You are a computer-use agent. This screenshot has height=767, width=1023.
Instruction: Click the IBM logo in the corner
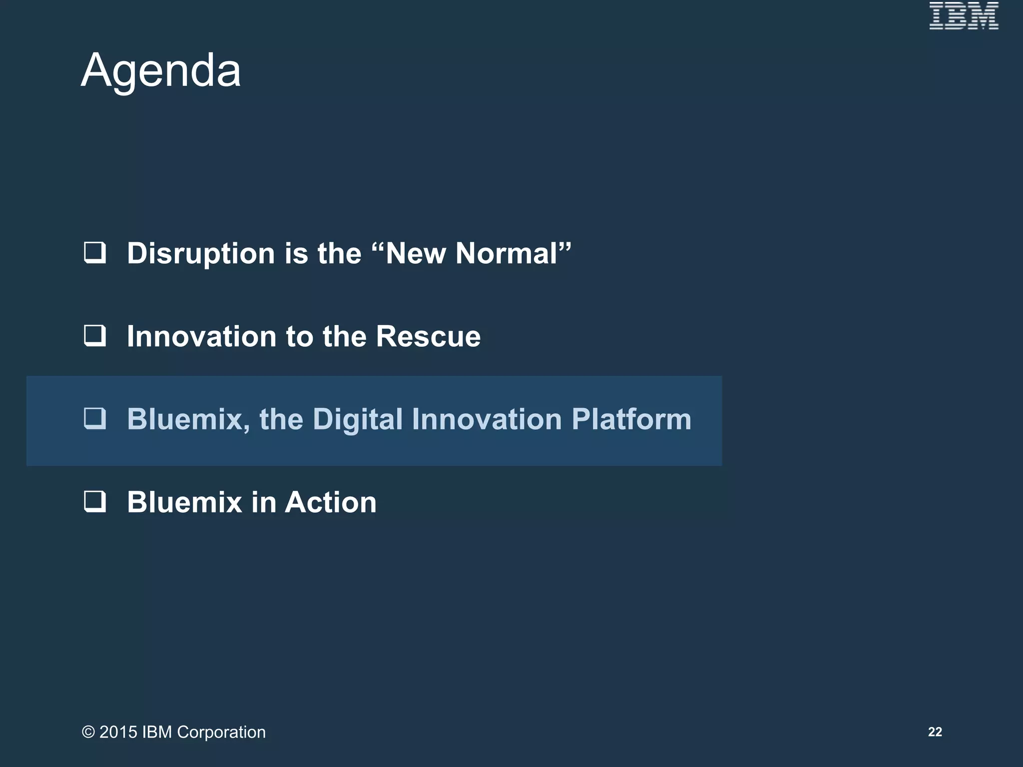[964, 16]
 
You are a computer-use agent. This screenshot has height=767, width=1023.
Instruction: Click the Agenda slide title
[161, 70]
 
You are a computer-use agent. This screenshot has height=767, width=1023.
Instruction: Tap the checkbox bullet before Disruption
[95, 253]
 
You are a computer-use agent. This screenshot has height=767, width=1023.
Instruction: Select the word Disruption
[201, 254]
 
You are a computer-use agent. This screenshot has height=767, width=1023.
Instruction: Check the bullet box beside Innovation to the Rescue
[95, 336]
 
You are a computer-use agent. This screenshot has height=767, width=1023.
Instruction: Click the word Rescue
[428, 336]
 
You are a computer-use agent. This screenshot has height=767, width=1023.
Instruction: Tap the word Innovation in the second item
[201, 336]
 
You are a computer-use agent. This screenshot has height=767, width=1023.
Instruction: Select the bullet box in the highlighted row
[95, 418]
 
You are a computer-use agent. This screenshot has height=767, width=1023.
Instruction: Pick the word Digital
[358, 419]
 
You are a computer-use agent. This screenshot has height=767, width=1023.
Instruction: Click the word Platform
[631, 419]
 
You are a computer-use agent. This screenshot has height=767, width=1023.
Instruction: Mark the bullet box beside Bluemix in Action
[95, 501]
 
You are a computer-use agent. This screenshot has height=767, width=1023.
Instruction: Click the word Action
[330, 502]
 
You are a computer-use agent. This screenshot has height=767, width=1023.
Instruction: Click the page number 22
[935, 732]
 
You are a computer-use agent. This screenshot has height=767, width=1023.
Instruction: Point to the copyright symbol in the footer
[88, 732]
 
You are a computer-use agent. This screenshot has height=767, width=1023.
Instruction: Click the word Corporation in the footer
[221, 732]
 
